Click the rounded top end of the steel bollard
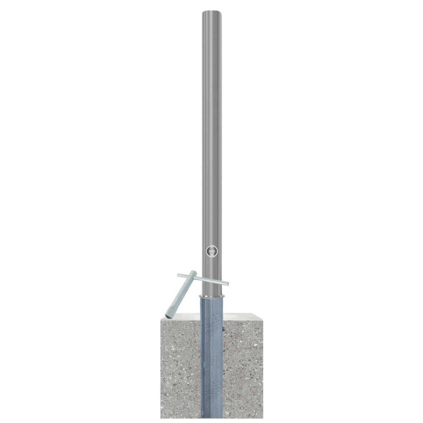pyautogui.click(x=212, y=13)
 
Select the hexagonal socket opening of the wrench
pyautogui.click(x=170, y=315)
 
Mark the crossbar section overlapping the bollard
pyautogui.click(x=211, y=281)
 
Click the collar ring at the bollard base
pyautogui.click(x=212, y=295)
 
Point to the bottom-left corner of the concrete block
pyautogui.click(x=161, y=418)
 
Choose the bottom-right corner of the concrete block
pyautogui.click(x=263, y=418)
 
